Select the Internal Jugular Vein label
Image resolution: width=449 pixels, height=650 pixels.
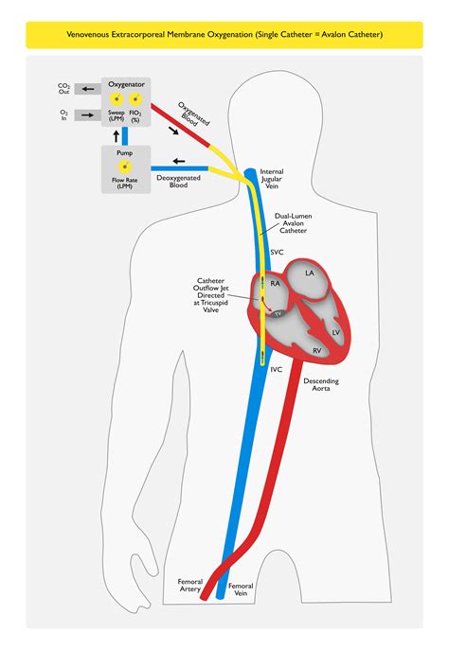[x=271, y=180]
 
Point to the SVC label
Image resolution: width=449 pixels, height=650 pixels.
[x=278, y=254]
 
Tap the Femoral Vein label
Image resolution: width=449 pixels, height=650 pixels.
[x=242, y=589]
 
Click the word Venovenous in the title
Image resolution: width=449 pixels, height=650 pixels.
[x=92, y=34]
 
